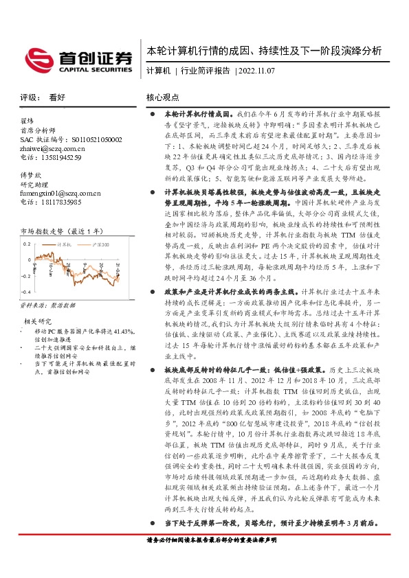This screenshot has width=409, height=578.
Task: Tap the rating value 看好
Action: [x=57, y=98]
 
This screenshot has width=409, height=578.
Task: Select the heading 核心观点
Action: [x=163, y=98]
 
